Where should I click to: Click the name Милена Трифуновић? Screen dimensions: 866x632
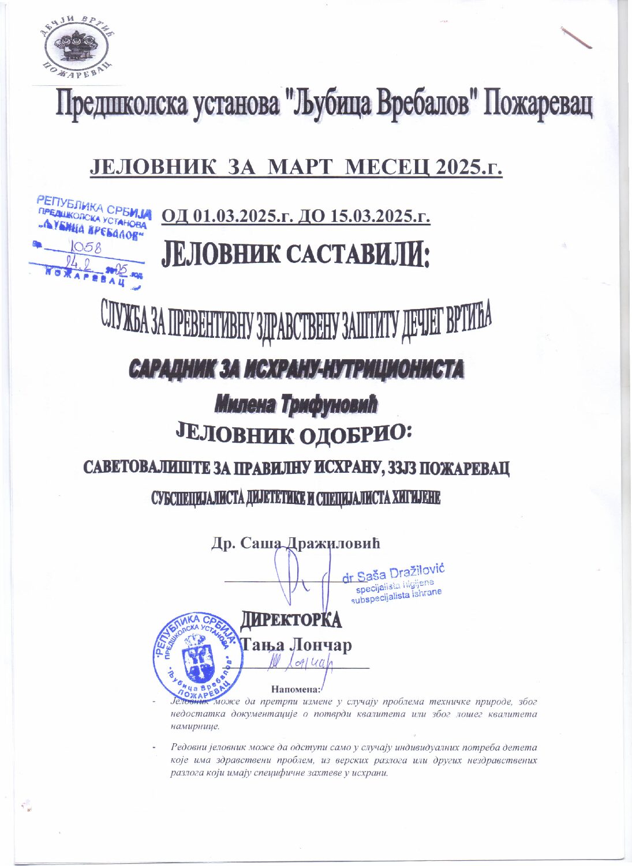tap(296, 406)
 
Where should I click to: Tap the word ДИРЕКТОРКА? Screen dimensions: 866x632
tap(291, 620)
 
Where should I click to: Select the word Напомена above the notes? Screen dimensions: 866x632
tap(294, 688)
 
